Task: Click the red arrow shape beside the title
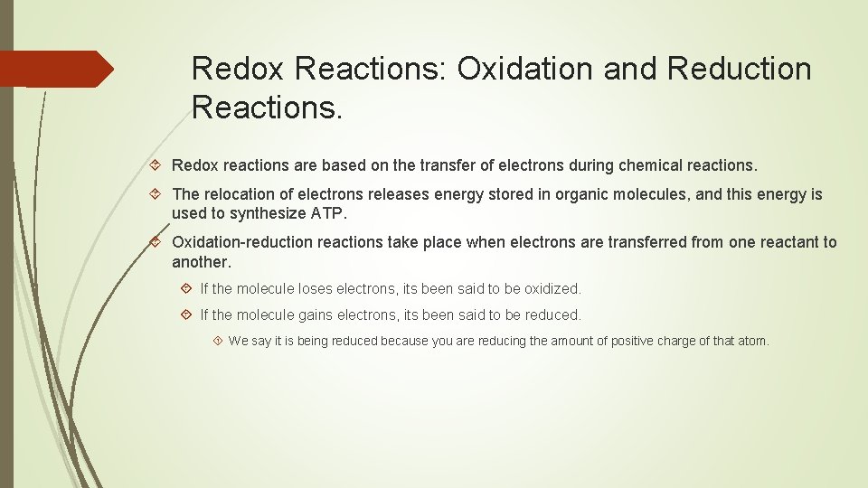pyautogui.click(x=56, y=69)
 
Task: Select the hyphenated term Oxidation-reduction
pyautogui.click(x=247, y=242)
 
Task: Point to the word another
pyautogui.click(x=201, y=262)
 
